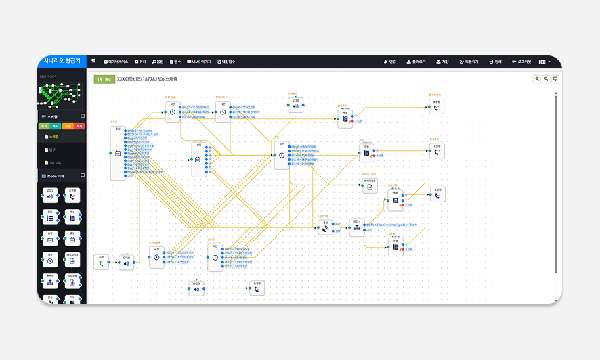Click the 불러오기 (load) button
[x=416, y=62]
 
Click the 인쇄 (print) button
[x=495, y=62]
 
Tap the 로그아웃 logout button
[x=521, y=62]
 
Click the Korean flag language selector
[x=543, y=62]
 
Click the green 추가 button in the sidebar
[x=44, y=127]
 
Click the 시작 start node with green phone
[x=101, y=262]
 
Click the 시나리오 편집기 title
[x=62, y=61]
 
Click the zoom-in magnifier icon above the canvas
[x=537, y=79]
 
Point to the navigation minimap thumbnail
[x=60, y=94]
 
